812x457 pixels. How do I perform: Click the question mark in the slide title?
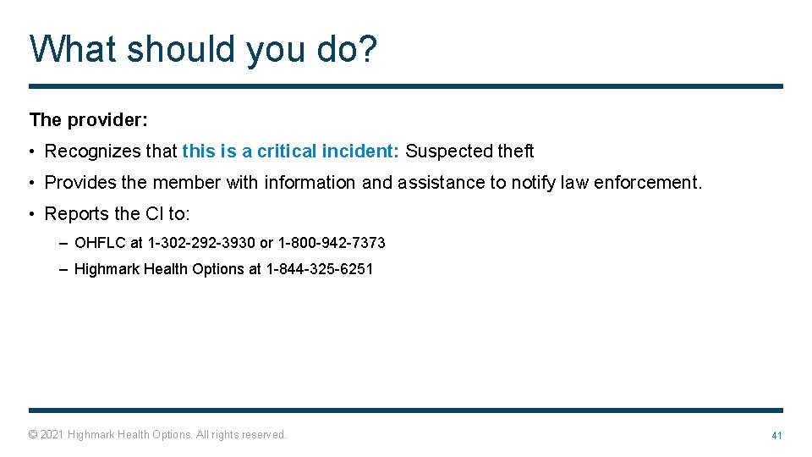tap(368, 49)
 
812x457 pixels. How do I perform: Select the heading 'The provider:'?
tap(89, 120)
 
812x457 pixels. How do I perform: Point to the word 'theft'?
tap(515, 151)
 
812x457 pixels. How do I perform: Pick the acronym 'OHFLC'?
tap(100, 243)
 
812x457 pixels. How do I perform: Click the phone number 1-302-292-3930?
tap(201, 243)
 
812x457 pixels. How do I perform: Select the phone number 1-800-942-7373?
tap(332, 243)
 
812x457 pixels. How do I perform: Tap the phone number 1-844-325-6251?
tap(319, 269)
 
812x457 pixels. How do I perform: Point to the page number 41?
tap(776, 435)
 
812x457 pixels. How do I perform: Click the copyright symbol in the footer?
tap(33, 435)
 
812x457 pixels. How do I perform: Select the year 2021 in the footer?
tap(52, 435)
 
